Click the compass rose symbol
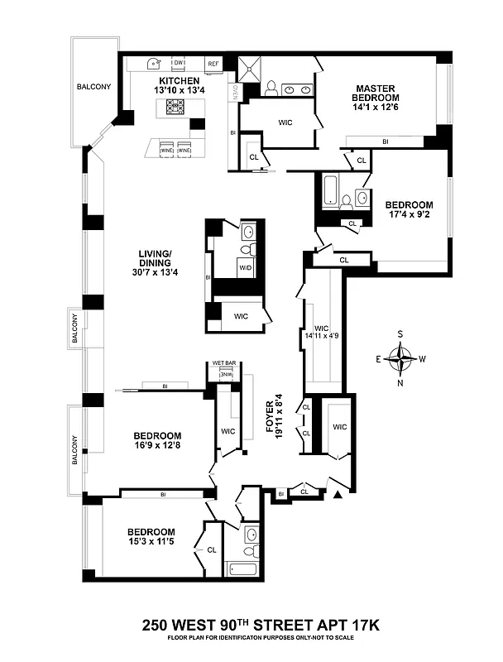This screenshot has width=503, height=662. tap(401, 359)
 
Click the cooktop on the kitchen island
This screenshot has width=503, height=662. tap(175, 106)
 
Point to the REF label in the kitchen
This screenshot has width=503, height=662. tap(213, 63)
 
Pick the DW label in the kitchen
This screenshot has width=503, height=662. tap(178, 63)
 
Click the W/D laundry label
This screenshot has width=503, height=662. tap(246, 268)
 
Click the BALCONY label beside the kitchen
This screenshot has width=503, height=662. tap(95, 86)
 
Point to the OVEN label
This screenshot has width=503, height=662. tap(234, 92)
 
